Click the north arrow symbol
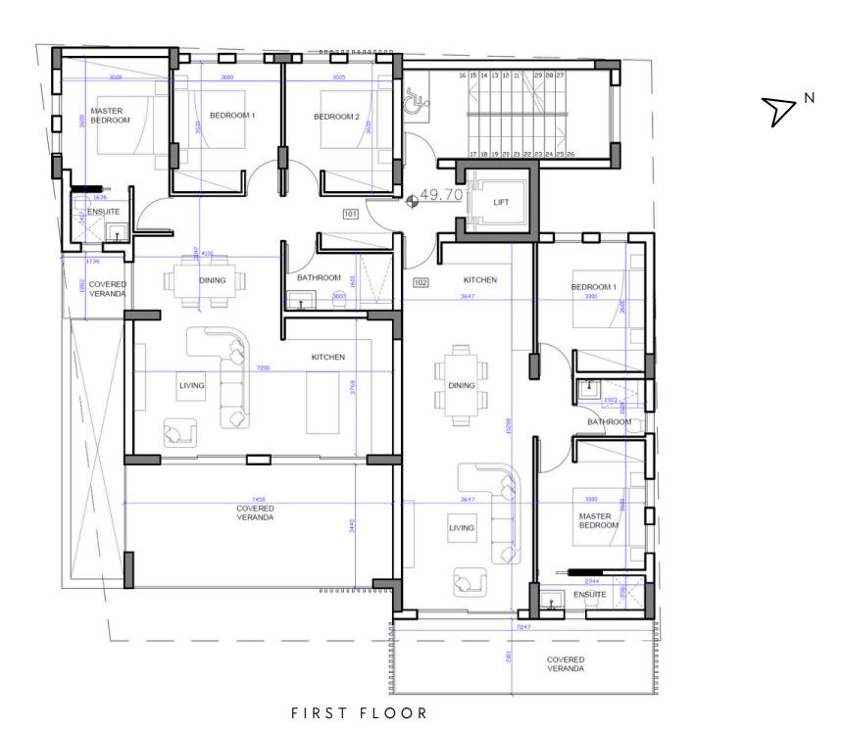(x=780, y=111)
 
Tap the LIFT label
(x=501, y=203)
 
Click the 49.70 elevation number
(x=441, y=195)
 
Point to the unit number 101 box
(x=351, y=213)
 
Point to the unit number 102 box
(x=421, y=283)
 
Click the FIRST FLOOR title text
(x=360, y=712)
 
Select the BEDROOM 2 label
(x=336, y=117)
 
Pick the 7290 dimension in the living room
(x=263, y=368)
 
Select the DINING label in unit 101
(x=212, y=280)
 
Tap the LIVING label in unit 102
(x=462, y=528)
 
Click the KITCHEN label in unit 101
(x=327, y=358)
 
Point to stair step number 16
(x=462, y=75)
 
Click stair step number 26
(x=570, y=154)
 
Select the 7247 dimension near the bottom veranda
(x=523, y=625)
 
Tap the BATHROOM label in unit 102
(x=609, y=422)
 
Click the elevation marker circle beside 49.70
(x=412, y=200)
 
